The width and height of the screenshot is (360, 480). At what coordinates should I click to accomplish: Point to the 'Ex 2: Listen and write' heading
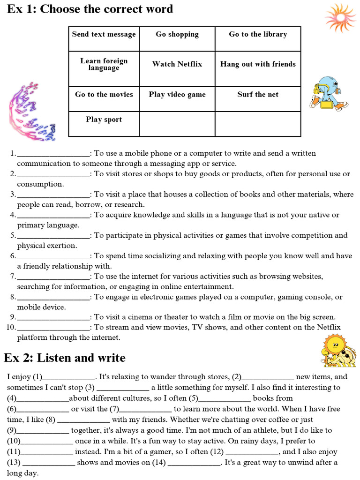tap(65, 358)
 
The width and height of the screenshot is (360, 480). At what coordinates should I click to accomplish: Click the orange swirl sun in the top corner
tap(340, 18)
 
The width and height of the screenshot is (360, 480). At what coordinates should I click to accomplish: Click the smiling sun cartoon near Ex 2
tap(337, 350)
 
